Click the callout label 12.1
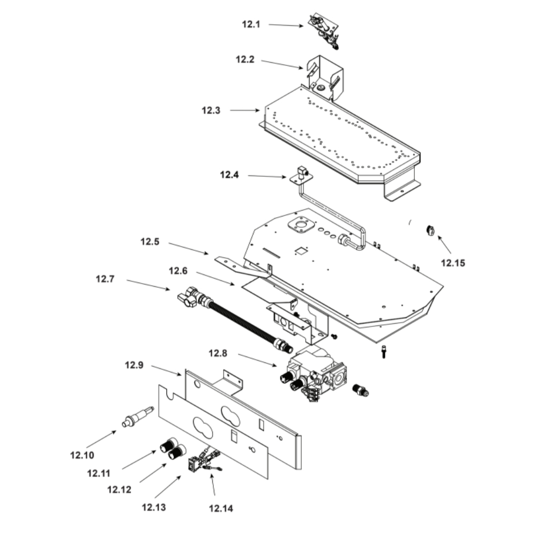251,24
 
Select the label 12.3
211,110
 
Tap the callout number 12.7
105,279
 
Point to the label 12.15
453,263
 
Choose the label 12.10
82,455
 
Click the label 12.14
221,508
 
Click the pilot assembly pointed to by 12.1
324,31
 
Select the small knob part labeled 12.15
430,230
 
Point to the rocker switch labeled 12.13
193,464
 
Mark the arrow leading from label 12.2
282,65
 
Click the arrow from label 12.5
188,248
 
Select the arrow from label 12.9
167,370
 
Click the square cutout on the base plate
301,251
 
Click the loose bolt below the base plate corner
384,352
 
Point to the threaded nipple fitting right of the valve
361,390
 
